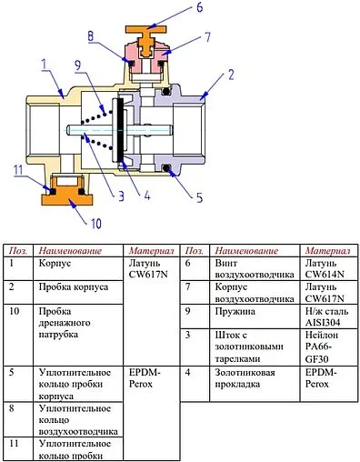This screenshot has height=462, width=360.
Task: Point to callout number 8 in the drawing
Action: [90, 36]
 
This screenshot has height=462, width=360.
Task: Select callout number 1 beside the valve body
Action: [43, 64]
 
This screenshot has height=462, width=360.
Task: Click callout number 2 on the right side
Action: [231, 73]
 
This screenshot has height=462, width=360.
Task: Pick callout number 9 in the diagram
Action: [78, 65]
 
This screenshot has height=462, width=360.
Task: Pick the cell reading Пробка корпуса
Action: [72, 286]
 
